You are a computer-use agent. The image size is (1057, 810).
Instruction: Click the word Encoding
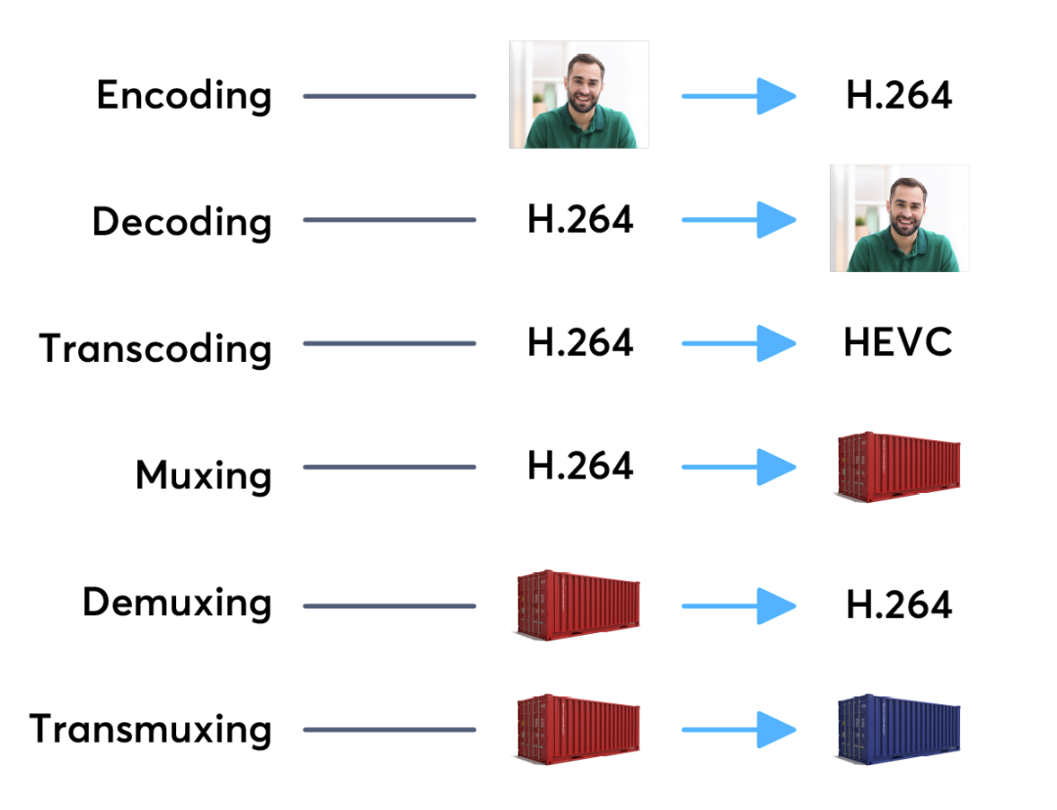[x=184, y=96]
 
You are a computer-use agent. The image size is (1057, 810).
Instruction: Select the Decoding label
[x=182, y=222]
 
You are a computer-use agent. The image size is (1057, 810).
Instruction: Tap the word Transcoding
[x=156, y=348]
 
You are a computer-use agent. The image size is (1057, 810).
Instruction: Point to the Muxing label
[x=204, y=474]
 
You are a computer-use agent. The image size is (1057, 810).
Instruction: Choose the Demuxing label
[x=177, y=602]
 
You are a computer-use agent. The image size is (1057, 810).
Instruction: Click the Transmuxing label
[x=151, y=729]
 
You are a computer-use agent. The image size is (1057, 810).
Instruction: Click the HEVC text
[x=897, y=342]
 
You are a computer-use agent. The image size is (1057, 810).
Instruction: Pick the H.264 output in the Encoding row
[x=899, y=95]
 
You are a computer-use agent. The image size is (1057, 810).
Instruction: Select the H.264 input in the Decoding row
[x=580, y=219]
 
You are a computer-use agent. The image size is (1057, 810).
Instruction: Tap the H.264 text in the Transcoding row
[x=580, y=342]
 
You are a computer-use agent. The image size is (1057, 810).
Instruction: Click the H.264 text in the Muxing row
[x=580, y=466]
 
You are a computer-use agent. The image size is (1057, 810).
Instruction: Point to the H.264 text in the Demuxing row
[x=899, y=605]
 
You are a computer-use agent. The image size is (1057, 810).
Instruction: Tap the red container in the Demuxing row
[x=578, y=606]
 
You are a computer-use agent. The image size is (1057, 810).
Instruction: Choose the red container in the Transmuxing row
[x=578, y=730]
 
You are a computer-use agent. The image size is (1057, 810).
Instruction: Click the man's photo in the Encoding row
[x=579, y=94]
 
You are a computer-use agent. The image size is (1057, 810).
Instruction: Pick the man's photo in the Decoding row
[x=899, y=218]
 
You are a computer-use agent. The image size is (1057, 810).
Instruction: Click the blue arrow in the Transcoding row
[x=739, y=343]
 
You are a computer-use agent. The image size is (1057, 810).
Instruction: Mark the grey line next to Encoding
[x=390, y=97]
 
